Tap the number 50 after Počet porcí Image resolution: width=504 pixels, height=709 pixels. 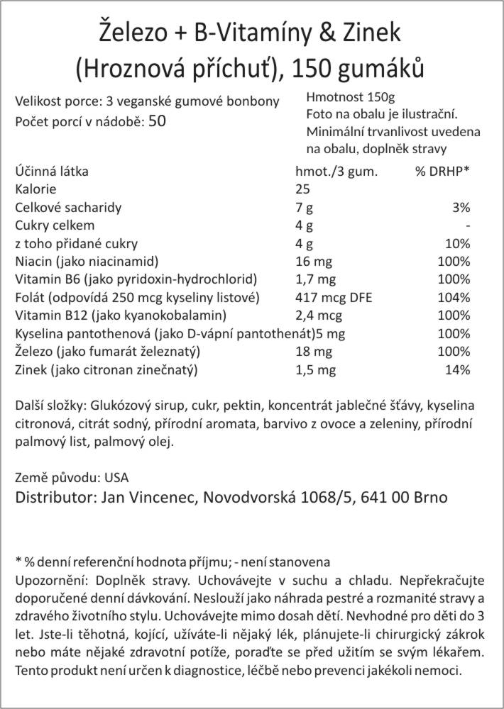tap(158, 121)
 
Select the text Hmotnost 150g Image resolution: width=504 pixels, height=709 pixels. tap(351, 97)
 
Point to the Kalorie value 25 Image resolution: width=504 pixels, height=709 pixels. tap(302, 189)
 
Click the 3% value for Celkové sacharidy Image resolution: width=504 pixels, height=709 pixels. tap(461, 208)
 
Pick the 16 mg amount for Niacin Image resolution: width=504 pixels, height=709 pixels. tap(314, 261)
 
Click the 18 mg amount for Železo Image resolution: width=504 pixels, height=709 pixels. tap(314, 351)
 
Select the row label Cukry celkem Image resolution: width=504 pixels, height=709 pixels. tap(55, 225)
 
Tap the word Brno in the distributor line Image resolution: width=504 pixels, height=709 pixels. tap(429, 496)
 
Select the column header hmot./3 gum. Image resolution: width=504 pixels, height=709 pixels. tap(335, 172)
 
